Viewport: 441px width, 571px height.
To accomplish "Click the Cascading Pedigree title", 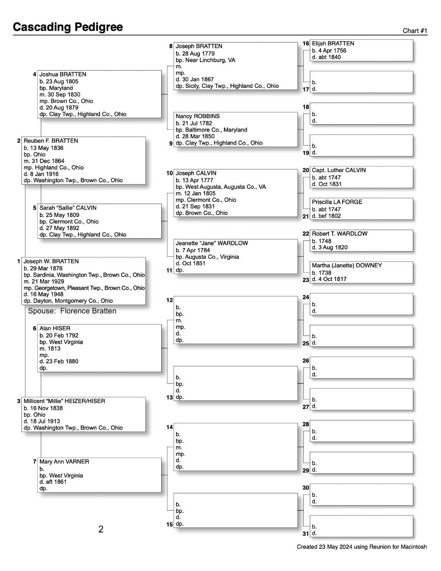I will click(x=68, y=27).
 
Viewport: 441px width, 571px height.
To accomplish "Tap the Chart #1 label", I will click(x=415, y=31).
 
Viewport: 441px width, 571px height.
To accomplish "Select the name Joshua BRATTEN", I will click(x=62, y=74).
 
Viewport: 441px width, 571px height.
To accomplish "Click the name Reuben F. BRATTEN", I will click(x=51, y=141).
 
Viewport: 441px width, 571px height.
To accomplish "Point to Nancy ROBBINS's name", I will click(x=198, y=116).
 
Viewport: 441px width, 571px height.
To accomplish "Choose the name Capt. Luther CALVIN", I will click(x=339, y=170).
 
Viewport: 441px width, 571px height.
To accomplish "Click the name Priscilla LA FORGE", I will click(x=337, y=202).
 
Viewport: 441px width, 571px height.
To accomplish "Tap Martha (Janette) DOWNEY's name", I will click(x=347, y=265).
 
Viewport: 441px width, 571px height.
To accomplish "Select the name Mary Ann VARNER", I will click(x=64, y=461).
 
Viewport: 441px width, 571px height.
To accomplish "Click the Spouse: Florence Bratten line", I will click(x=72, y=311).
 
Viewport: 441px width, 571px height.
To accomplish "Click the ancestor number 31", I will click(x=306, y=533).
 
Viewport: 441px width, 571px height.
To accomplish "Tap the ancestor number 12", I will click(x=169, y=300).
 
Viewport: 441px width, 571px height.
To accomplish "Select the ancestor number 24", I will click(x=306, y=297).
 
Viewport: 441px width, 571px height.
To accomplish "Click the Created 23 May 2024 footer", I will click(x=361, y=547).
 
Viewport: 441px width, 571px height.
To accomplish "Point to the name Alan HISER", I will click(x=55, y=328).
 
